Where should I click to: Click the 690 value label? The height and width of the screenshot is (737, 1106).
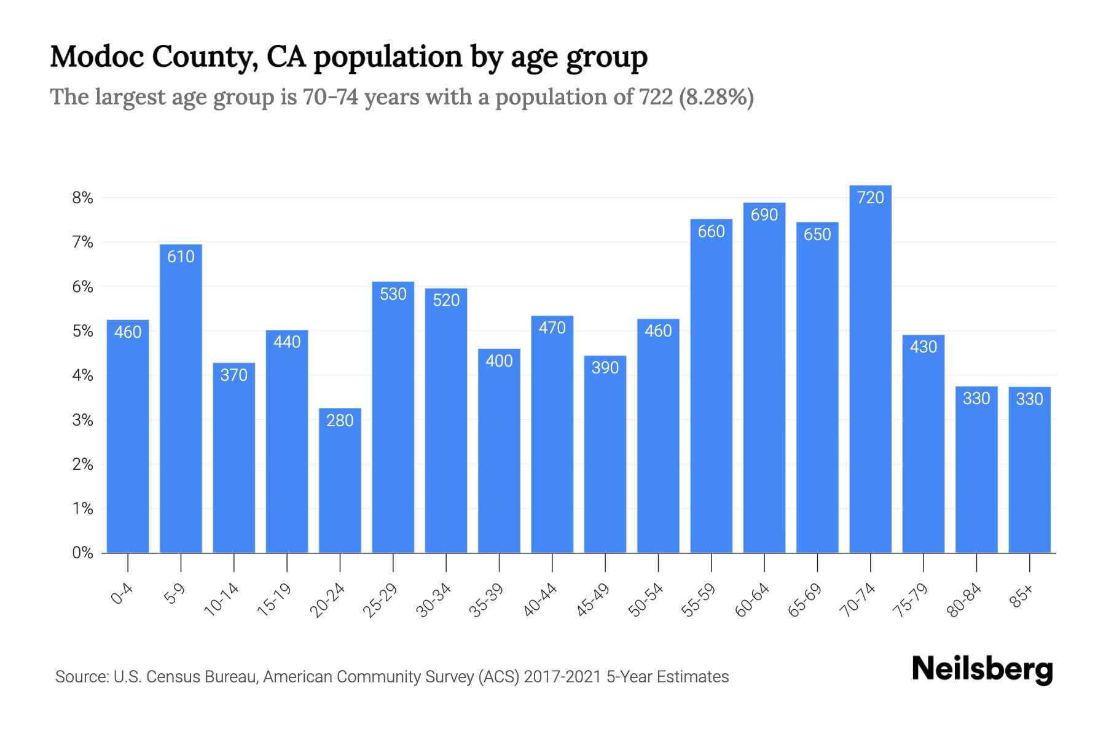coord(764,215)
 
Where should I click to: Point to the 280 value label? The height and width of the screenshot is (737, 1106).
coord(340,421)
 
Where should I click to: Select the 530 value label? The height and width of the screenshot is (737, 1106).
coord(393,294)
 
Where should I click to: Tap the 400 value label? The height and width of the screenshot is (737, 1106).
coord(499,361)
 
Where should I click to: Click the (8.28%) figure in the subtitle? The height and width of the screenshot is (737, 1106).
coord(716,97)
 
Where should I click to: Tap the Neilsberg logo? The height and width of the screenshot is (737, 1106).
coord(982,670)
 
